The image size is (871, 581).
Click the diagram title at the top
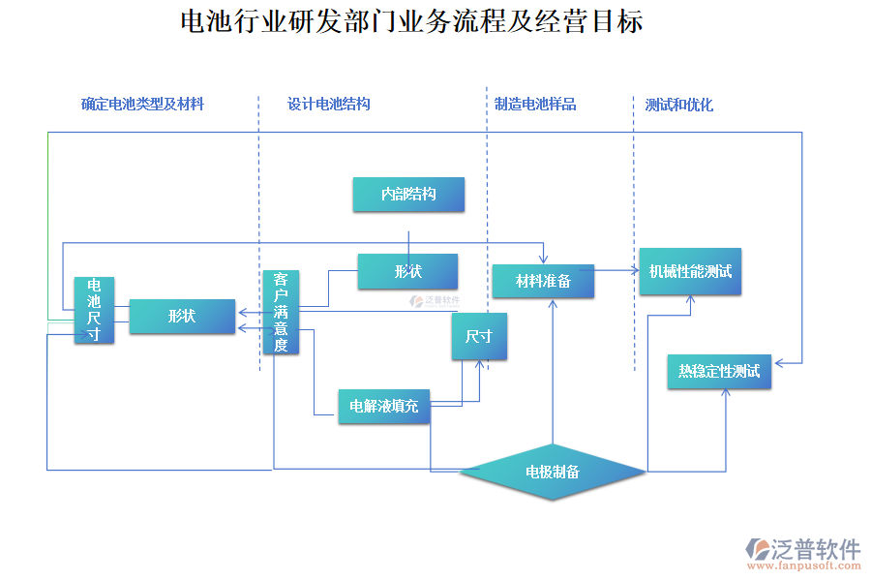tap(411, 21)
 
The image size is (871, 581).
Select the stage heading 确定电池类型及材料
tap(142, 104)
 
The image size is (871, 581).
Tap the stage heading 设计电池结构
tap(329, 104)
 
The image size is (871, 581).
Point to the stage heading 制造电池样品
tap(535, 104)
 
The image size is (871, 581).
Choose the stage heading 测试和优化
tap(679, 104)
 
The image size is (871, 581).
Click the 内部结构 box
tap(408, 195)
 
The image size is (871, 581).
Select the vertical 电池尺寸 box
tap(94, 310)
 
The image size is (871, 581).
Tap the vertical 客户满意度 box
tap(281, 312)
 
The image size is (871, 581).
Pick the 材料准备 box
tap(543, 281)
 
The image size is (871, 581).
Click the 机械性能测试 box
tap(690, 272)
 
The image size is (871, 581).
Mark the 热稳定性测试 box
tap(719, 372)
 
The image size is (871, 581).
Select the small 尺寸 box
tap(479, 337)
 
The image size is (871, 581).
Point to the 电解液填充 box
tap(383, 406)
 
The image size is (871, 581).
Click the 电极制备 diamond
tap(553, 472)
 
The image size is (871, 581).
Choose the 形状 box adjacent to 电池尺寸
tap(182, 317)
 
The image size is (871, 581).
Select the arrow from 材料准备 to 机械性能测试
tap(616, 270)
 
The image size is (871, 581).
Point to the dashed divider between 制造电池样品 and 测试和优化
tap(634, 232)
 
